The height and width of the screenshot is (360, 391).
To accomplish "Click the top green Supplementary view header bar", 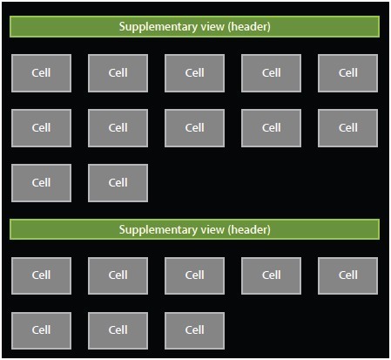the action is pos(194,26).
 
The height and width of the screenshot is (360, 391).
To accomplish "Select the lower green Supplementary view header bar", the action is pos(194,229).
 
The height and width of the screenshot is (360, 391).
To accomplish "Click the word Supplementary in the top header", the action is pos(158,27).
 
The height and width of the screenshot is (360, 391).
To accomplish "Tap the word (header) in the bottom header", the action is pos(249,229).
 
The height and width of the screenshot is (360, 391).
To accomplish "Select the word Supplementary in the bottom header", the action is pos(158,230).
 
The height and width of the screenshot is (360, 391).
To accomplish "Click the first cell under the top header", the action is pos(41,73).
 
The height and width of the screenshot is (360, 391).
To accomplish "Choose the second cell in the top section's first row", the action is pos(118,73).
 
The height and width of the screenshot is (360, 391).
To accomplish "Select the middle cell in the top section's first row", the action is pos(194,73).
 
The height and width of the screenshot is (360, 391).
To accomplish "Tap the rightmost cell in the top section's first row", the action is pos(347,73).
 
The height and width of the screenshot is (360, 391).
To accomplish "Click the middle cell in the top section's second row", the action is pos(194,128).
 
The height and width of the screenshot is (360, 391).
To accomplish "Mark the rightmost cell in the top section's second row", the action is pos(347,128).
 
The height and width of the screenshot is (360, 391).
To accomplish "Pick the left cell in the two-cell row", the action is pos(41,183).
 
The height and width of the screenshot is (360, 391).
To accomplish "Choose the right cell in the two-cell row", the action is pos(118,183).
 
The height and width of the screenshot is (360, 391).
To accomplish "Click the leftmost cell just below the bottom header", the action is pos(41,275).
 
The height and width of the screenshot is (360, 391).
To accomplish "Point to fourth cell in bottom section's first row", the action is pos(271,275).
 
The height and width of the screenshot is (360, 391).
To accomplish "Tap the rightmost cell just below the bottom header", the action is pos(347,275).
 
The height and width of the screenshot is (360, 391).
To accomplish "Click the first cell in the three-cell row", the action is pos(41,330).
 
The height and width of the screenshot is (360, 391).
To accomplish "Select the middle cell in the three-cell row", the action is pos(118,330).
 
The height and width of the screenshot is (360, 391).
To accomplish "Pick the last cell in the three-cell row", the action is pos(194,330).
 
